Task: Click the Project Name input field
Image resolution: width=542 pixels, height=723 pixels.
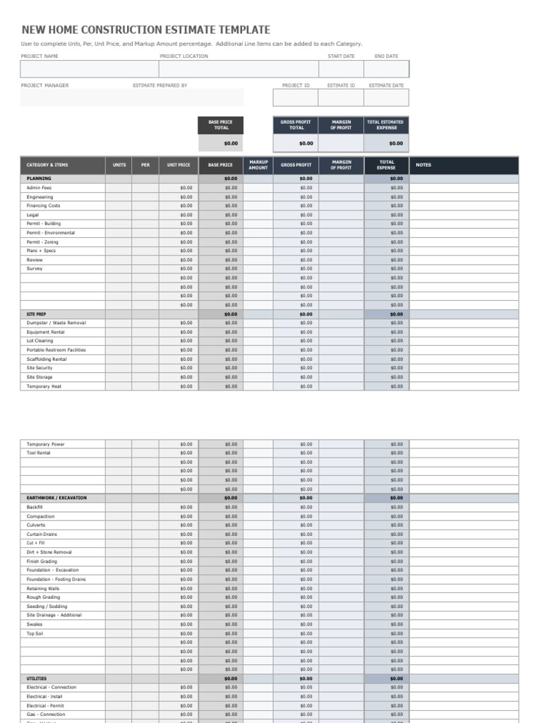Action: (90, 68)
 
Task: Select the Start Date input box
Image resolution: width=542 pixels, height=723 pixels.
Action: (341, 68)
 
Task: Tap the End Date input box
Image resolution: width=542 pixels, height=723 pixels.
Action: (386, 68)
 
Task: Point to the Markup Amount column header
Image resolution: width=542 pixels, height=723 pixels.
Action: (258, 165)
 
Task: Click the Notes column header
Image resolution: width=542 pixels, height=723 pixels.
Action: (423, 165)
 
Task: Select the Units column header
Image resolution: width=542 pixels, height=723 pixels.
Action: (119, 165)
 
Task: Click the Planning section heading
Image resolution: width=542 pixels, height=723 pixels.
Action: (39, 179)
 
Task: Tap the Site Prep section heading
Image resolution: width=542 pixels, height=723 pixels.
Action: (37, 314)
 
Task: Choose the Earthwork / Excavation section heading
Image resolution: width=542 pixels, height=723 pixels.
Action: (56, 498)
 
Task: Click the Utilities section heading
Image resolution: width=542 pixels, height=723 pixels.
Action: (37, 679)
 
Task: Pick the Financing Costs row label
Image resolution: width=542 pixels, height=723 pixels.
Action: (44, 205)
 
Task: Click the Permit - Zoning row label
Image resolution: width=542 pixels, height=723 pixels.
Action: (43, 241)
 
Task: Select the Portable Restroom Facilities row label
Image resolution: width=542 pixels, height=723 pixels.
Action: (56, 350)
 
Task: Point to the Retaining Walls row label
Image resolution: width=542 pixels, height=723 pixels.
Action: (43, 588)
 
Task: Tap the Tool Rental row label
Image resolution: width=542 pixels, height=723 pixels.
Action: (38, 453)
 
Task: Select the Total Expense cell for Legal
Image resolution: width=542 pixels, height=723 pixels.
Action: (387, 215)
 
